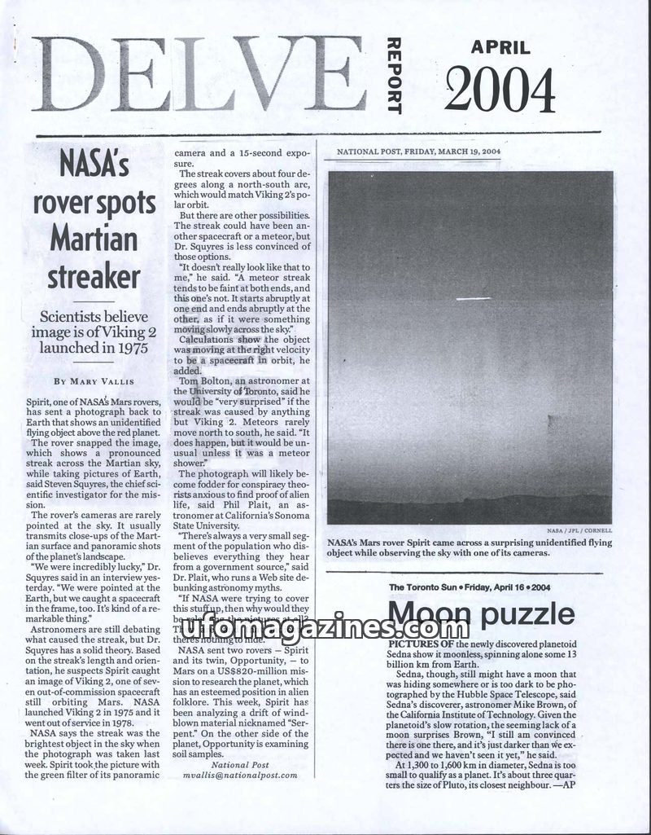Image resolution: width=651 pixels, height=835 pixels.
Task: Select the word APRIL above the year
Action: [500, 47]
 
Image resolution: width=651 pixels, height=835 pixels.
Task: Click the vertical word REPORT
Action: [394, 75]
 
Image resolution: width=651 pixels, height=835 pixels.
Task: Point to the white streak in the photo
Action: [474, 299]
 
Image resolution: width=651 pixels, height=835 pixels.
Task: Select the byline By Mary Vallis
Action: [94, 380]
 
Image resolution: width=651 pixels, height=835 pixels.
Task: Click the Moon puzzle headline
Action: [481, 614]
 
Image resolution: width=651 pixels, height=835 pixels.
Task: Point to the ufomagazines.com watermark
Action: [317, 627]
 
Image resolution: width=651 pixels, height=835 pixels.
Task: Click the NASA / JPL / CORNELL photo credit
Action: [583, 530]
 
